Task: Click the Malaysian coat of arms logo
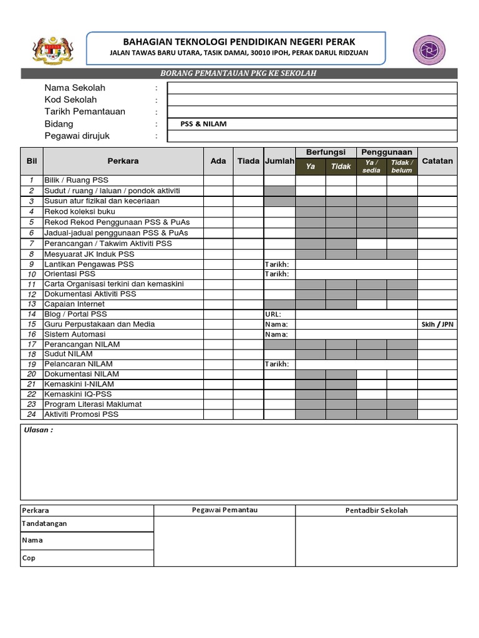tap(52, 50)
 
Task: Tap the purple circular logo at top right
tap(429, 50)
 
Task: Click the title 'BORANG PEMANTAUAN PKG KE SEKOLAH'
tap(239, 74)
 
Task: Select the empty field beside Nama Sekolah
tap(312, 88)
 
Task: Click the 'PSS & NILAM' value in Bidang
tap(203, 124)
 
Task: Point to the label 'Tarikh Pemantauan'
tap(85, 112)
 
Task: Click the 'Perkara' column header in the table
tap(123, 161)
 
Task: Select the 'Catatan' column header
tap(437, 161)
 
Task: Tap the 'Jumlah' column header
tap(279, 161)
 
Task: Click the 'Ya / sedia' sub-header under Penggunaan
tap(371, 166)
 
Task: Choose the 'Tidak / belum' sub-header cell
tap(402, 166)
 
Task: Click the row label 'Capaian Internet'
tap(74, 304)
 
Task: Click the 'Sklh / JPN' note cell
tap(437, 324)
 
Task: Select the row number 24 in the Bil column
tap(31, 414)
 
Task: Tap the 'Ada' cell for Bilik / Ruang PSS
tap(218, 180)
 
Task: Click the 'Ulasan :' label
tap(38, 430)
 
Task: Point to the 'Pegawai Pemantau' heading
tap(224, 510)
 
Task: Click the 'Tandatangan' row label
tap(44, 524)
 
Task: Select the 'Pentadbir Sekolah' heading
tap(376, 510)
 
